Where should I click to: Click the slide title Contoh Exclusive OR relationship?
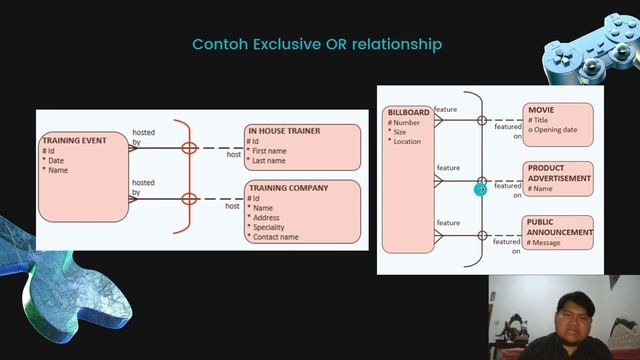316,45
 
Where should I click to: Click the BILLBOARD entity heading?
408,113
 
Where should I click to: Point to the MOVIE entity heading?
541,110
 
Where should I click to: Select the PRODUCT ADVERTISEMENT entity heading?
559,173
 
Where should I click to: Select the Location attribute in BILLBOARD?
407,141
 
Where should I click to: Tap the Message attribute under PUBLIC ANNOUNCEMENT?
546,242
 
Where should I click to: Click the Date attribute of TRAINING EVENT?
56,161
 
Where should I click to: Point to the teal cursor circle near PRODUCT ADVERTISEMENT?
480,187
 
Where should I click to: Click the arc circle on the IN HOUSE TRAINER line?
189,148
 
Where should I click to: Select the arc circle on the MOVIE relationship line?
482,121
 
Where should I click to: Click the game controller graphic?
591,58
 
